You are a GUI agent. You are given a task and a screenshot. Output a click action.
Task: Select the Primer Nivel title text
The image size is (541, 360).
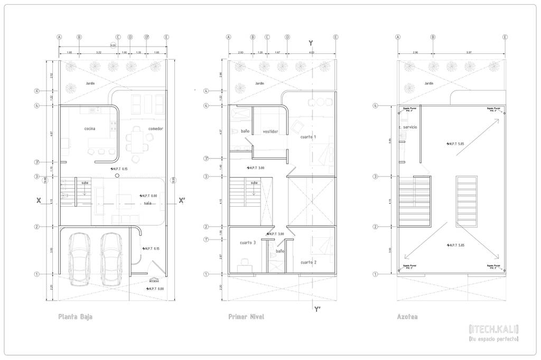coord(246,317)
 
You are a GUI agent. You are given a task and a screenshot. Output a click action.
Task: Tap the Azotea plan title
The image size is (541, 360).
coord(407,317)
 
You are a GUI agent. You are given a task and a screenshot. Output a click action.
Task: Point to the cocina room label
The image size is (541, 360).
coord(89,128)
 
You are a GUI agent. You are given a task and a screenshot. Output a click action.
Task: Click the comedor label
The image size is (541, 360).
coord(156,128)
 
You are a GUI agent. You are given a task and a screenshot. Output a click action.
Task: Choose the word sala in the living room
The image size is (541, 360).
coord(148,202)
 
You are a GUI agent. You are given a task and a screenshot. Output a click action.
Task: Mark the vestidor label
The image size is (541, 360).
coord(270,131)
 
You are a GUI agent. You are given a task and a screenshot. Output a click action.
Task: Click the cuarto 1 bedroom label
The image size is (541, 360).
coord(308,137)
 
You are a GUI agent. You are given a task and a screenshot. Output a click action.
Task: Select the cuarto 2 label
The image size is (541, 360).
coord(309,262)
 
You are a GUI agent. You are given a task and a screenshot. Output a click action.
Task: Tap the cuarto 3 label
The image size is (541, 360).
coord(248,243)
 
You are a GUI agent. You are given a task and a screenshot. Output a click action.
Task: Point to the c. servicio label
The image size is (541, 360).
coord(408,127)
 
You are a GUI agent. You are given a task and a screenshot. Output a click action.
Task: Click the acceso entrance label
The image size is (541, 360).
coord(154,281)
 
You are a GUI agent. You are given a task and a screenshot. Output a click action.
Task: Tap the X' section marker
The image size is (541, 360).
coord(182,200)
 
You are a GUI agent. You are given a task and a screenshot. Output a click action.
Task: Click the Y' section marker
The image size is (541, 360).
coord(316,309)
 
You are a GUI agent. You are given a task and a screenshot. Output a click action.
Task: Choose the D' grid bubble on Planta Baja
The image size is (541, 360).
coord(147,37)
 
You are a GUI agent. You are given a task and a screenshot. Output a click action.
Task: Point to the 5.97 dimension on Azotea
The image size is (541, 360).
coord(469,53)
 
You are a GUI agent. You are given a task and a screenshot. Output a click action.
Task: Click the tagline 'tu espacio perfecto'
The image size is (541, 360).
coord(493,338)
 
